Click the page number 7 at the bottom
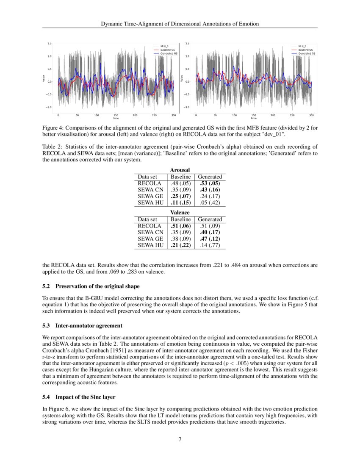click(x=180, y=439)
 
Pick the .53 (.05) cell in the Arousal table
click(x=210, y=183)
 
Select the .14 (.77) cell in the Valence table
click(x=210, y=245)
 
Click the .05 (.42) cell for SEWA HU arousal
click(x=210, y=203)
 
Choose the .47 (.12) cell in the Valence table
click(x=210, y=239)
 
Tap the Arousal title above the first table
click(x=180, y=170)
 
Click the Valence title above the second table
click(x=180, y=212)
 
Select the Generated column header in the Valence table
click(x=210, y=219)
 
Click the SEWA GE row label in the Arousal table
click(x=150, y=197)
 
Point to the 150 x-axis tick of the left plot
click(x=116, y=115)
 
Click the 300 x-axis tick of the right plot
click(x=311, y=115)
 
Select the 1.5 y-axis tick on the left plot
click(x=50, y=44)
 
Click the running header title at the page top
click(x=180, y=24)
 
